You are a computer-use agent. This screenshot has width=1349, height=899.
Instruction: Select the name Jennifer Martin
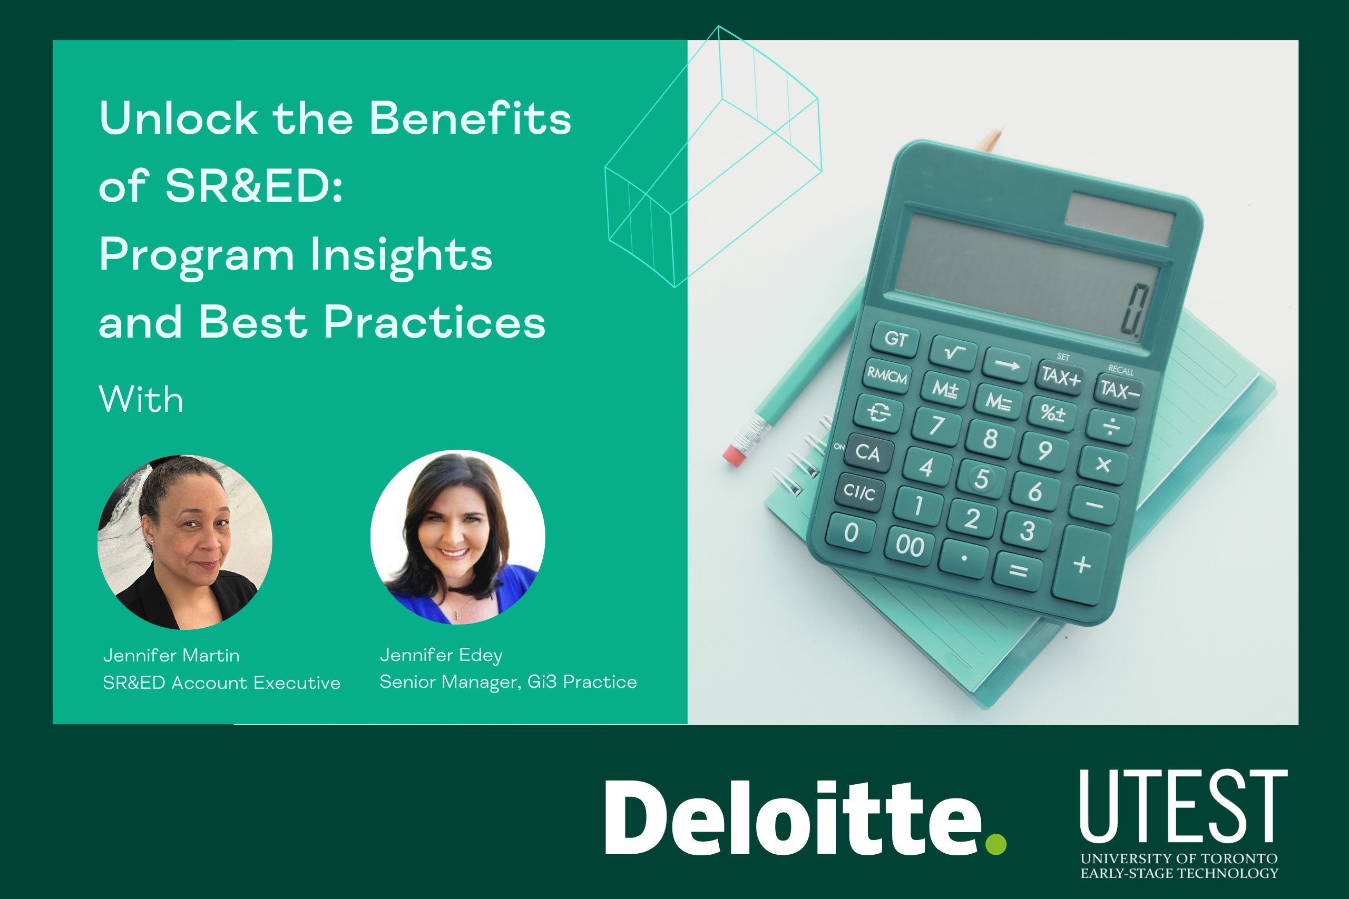171,655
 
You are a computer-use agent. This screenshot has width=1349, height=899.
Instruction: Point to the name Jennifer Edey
441,655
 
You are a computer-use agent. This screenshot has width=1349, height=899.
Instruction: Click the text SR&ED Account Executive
221,683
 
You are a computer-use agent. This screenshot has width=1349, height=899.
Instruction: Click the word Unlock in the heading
179,118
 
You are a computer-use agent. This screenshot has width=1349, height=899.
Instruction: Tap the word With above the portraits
141,399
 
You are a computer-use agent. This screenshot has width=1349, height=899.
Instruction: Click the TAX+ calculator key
1061,377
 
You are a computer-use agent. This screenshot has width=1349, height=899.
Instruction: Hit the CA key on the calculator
868,453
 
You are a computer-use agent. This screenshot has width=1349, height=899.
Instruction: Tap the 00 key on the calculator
910,545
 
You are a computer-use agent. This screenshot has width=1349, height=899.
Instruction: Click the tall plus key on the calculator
1082,565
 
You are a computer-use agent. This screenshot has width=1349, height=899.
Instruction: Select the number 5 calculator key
981,478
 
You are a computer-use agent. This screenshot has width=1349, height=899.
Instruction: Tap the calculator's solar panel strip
1120,219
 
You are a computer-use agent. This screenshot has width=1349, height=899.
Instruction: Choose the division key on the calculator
1111,427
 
